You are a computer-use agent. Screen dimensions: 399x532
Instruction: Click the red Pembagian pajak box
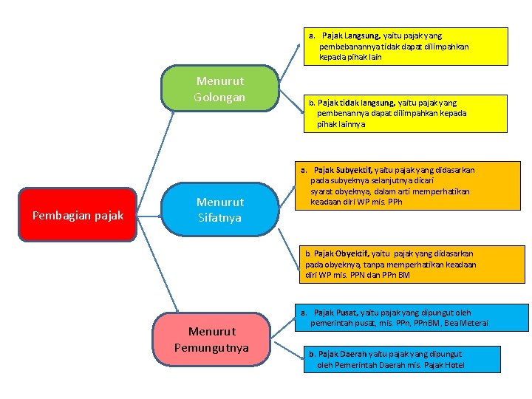pos(78,215)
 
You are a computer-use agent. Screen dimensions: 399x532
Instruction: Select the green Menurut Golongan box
pos(219,89)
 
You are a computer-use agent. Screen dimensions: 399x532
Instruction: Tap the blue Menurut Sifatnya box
pos(219,210)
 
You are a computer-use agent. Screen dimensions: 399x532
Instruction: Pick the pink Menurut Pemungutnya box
pos(211,340)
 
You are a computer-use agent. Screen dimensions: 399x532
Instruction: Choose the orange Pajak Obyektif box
pos(411,264)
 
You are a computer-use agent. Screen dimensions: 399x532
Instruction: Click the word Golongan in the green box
pos(219,98)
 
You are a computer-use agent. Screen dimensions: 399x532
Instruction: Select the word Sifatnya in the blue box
pos(219,218)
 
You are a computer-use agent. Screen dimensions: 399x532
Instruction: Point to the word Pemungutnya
pos(211,348)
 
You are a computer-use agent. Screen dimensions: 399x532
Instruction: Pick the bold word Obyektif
pos(352,253)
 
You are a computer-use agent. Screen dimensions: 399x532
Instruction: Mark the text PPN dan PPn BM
pos(380,275)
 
